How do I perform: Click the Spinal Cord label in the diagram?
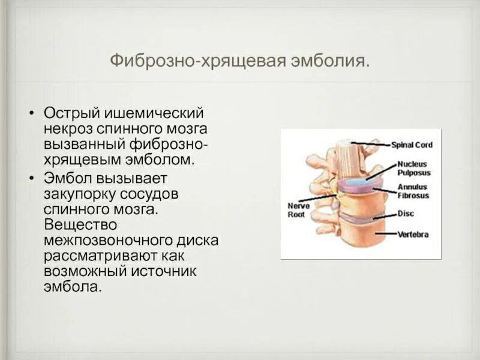click(412, 145)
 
